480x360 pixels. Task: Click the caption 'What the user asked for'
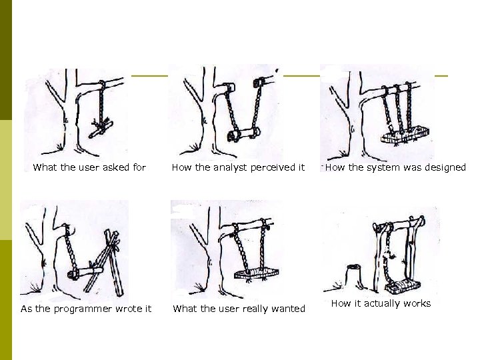pos(89,167)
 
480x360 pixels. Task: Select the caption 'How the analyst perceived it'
pos(238,167)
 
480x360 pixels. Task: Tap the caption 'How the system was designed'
pos(395,167)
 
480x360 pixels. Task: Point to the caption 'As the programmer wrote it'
pos(86,308)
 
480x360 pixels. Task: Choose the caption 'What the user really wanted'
pos(239,308)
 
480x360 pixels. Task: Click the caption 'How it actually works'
pos(381,303)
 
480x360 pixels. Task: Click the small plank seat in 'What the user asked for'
pos(103,127)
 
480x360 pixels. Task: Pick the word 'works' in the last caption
pos(416,303)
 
